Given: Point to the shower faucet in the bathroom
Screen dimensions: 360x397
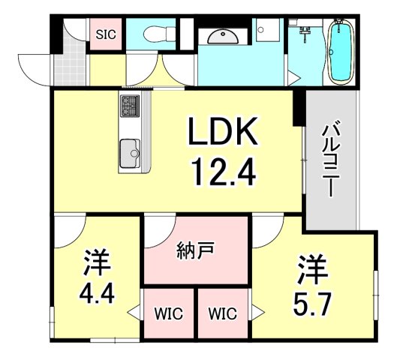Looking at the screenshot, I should pos(305,31).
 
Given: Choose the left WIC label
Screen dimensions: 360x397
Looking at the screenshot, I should pos(167,312).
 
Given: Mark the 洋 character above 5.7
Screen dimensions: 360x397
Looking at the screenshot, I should pos(310,266).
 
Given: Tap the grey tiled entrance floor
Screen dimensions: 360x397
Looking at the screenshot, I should pos(68,56).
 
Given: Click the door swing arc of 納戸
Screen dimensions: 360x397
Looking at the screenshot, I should pos(159,232).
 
